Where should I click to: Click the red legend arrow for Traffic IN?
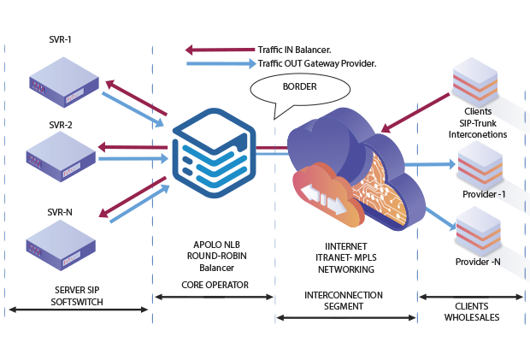click(220, 50)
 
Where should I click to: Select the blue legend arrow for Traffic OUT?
click(220, 63)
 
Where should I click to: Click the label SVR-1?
click(61, 39)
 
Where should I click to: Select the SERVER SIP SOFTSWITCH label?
click(76, 296)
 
